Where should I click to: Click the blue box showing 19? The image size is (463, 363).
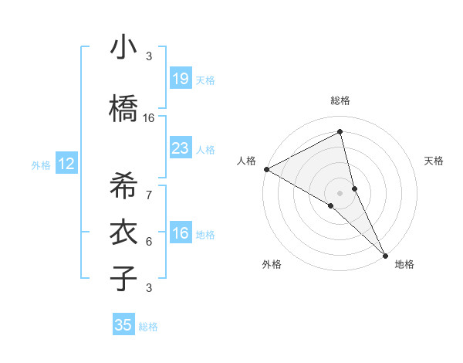pos(180,79)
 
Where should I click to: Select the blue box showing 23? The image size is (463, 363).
pos(180,148)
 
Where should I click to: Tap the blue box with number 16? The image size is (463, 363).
pos(180,233)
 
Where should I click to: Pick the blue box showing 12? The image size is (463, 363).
pos(66,164)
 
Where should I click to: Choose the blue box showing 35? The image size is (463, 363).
pos(123,325)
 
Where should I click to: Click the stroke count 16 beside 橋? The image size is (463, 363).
pos(149,118)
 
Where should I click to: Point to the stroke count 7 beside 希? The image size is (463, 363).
pos(149,195)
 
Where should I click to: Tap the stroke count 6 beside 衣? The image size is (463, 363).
pos(149,242)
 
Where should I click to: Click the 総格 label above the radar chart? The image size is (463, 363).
pos(340,100)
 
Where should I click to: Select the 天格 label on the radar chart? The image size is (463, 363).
pos(434,161)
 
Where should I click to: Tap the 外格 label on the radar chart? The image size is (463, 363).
pos(272,264)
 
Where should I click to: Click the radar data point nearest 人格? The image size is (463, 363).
pos(266,169)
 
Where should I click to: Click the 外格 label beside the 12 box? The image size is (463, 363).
pos(41,165)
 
